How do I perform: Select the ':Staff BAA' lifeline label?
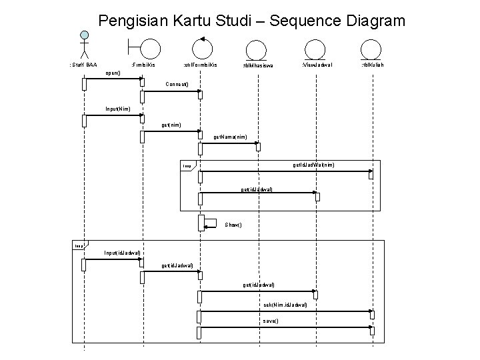(83, 65)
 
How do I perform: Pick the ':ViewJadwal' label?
(317, 65)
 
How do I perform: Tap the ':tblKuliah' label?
(372, 65)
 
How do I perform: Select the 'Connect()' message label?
(177, 85)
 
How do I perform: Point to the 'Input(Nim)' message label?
(117, 109)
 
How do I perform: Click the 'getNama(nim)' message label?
(230, 137)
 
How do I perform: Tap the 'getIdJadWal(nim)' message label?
(313, 165)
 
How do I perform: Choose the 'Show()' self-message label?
(233, 225)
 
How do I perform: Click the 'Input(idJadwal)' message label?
(122, 253)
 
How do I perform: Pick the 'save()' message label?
(271, 321)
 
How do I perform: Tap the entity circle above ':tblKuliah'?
(369, 49)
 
